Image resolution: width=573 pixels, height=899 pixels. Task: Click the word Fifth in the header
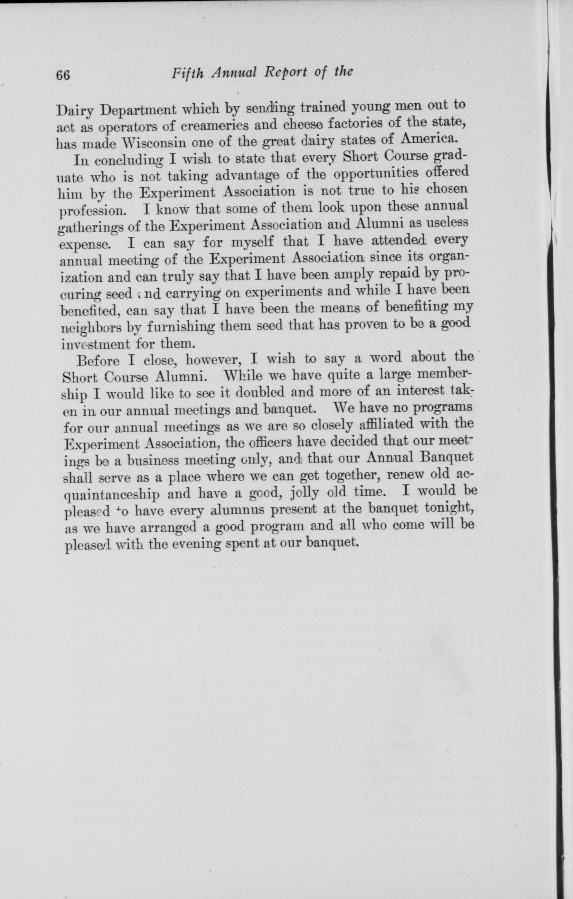(x=188, y=73)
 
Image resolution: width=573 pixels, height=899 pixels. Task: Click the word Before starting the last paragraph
(x=98, y=362)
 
